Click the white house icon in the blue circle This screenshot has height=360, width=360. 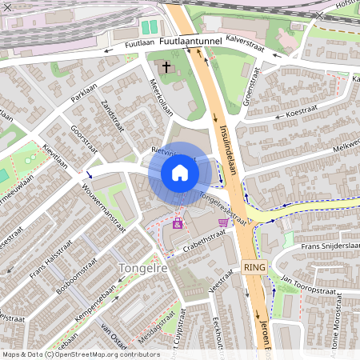point(180,173)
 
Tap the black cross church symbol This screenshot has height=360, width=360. point(166,67)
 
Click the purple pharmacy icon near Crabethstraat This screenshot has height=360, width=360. point(177,224)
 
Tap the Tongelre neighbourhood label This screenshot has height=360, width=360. point(142,269)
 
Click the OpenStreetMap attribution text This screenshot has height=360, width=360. point(80,354)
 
